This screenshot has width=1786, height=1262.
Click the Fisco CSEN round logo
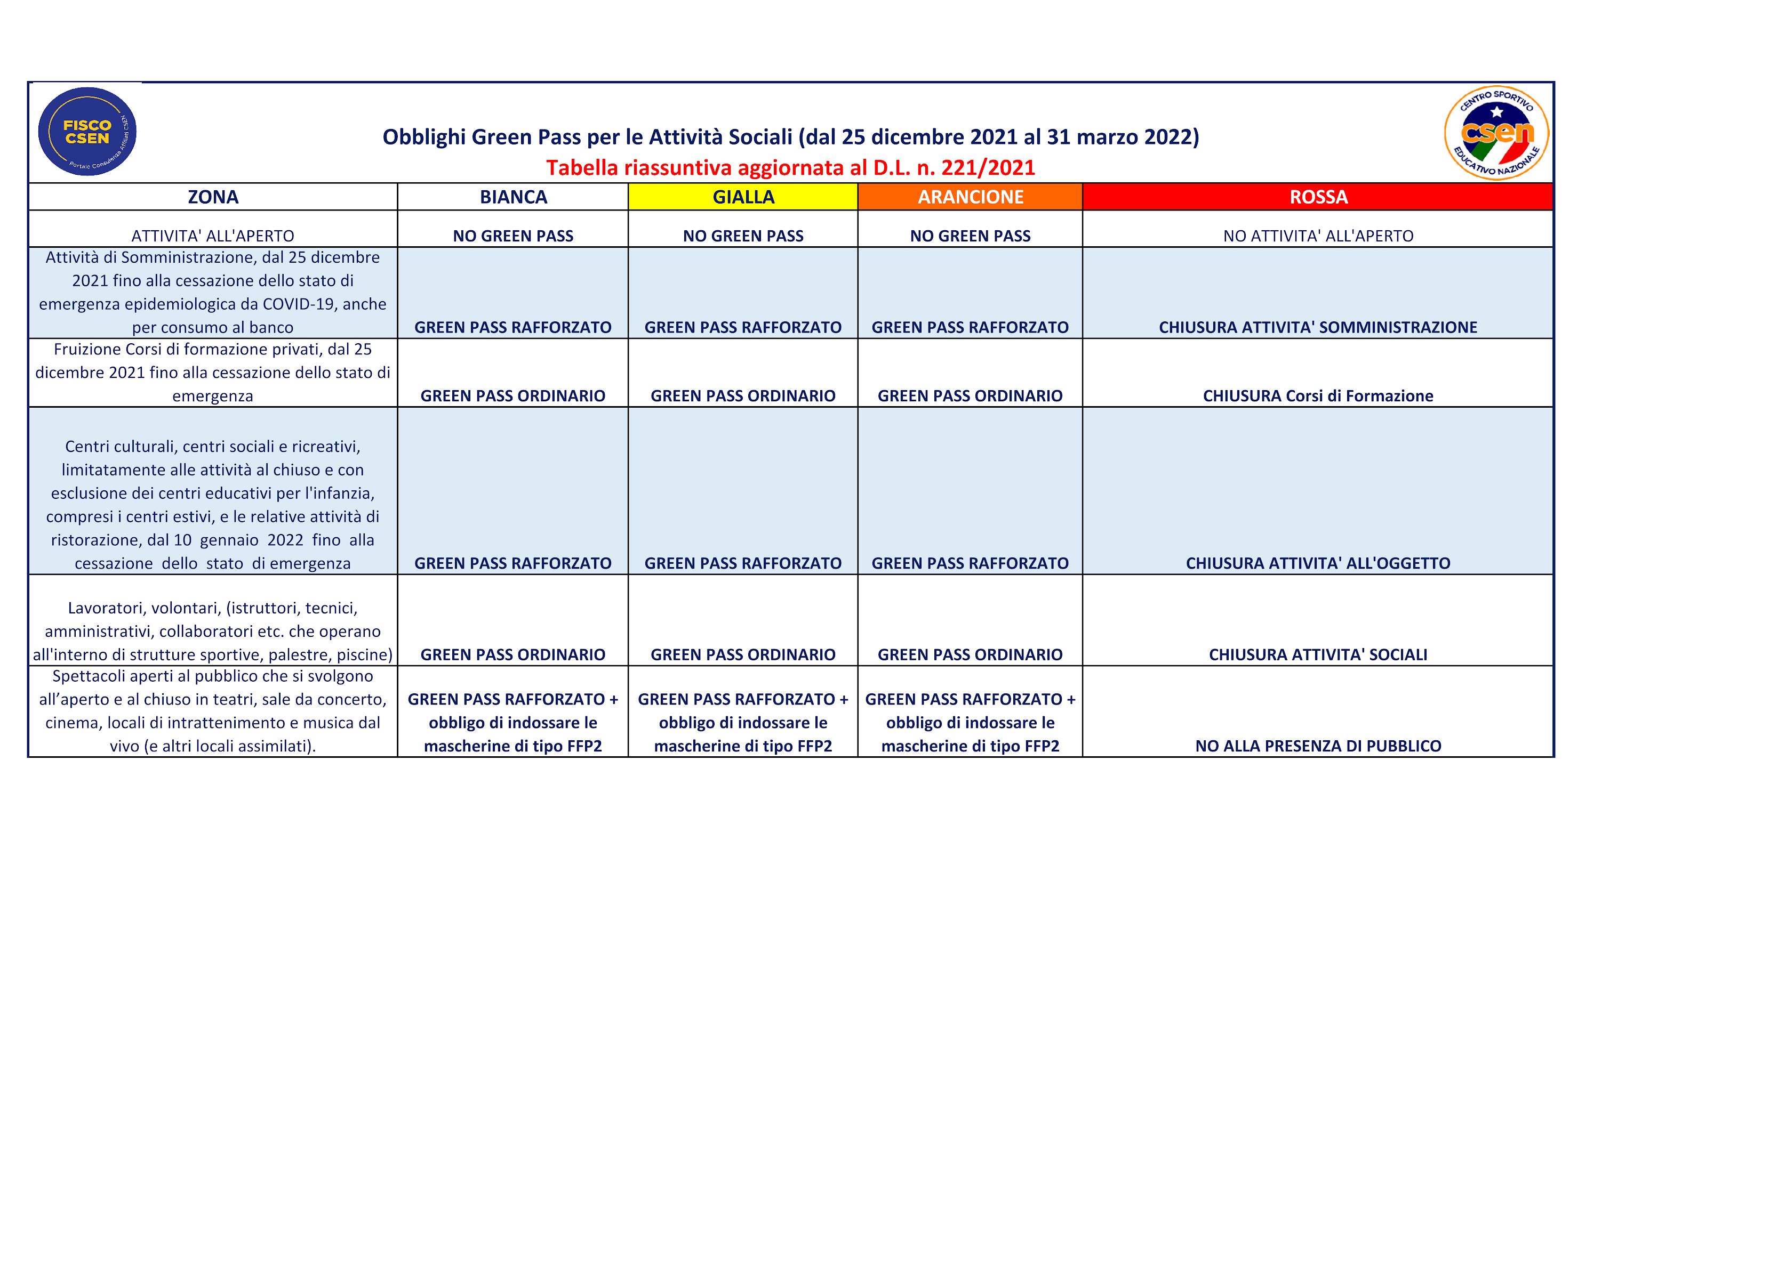pyautogui.click(x=87, y=132)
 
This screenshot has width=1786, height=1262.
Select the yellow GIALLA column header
pyautogui.click(x=743, y=197)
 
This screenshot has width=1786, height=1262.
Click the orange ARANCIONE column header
pyautogui.click(x=970, y=197)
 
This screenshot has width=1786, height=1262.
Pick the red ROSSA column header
pyautogui.click(x=1318, y=197)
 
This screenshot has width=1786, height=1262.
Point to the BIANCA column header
pyautogui.click(x=514, y=197)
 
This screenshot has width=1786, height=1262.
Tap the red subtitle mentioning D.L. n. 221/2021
pyautogui.click(x=790, y=167)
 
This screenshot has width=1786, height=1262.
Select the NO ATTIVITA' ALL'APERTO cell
pyautogui.click(x=1318, y=236)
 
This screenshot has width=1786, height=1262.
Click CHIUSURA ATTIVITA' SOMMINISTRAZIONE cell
pyautogui.click(x=1318, y=327)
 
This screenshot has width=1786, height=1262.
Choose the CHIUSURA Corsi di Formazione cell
pyautogui.click(x=1318, y=396)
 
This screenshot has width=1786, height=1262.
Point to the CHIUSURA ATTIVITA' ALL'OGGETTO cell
pyautogui.click(x=1318, y=563)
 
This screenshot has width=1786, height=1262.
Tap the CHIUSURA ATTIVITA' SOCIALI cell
pyautogui.click(x=1318, y=655)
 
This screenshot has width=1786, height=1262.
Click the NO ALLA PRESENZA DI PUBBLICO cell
pyautogui.click(x=1318, y=746)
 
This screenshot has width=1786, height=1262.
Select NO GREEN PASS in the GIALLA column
pyautogui.click(x=743, y=236)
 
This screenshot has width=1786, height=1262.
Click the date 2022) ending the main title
pyautogui.click(x=1172, y=137)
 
